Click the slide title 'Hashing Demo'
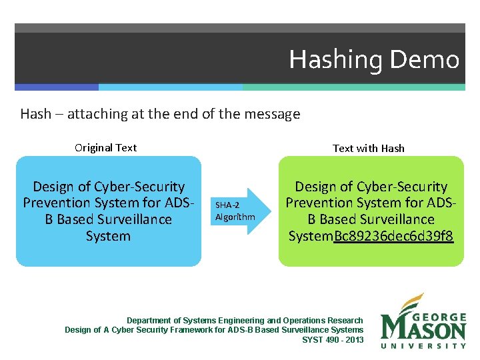click(374, 60)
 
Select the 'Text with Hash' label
click(369, 148)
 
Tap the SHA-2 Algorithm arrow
click(236, 211)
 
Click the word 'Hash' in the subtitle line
click(35, 114)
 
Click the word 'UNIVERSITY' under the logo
click(423, 345)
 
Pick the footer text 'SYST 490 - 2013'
click(333, 339)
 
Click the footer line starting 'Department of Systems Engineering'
click(245, 321)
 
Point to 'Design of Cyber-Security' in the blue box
click(109, 187)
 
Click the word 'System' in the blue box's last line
click(108, 236)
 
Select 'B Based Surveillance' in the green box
click(371, 219)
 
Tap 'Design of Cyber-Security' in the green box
click(371, 187)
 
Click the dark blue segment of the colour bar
click(57, 87)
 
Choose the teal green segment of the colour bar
click(353, 87)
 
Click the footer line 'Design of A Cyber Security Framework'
click(214, 330)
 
